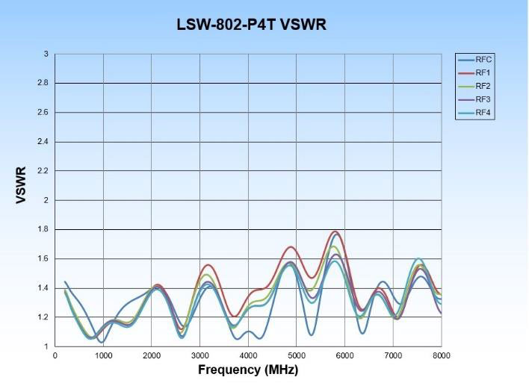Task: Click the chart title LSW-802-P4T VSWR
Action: (x=251, y=25)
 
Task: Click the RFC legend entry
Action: (x=483, y=59)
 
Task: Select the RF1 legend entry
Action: (x=483, y=72)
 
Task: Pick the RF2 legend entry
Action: (x=483, y=86)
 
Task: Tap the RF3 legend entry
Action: (x=483, y=99)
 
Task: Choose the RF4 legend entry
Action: (x=483, y=113)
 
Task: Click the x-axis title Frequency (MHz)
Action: (x=247, y=370)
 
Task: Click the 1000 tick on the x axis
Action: (x=103, y=355)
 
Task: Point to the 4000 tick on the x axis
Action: (x=248, y=355)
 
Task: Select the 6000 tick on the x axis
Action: (x=344, y=355)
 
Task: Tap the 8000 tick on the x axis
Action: (x=441, y=355)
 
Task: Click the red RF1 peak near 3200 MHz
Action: (x=208, y=265)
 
